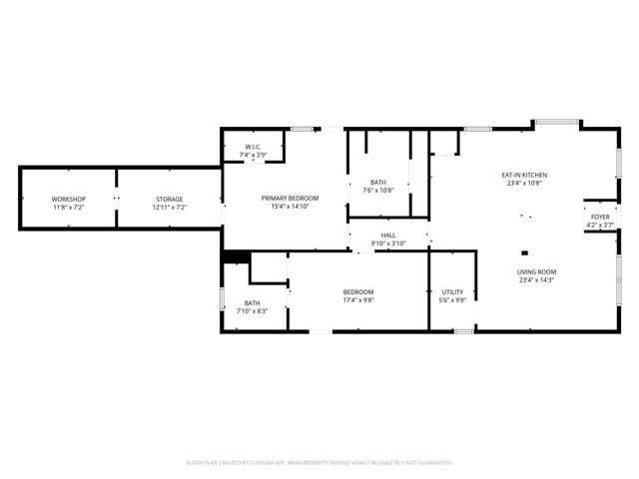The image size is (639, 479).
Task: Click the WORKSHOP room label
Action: coord(69,200)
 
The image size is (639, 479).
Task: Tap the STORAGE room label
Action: coord(169,200)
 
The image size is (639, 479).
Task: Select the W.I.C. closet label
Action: coord(253,148)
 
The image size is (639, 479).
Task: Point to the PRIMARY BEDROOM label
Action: coord(290,199)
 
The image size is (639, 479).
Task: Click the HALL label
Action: coord(389,237)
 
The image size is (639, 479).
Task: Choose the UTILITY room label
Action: coord(452,292)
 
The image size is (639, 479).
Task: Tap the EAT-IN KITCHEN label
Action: coord(524,176)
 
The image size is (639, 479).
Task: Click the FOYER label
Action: coord(600,217)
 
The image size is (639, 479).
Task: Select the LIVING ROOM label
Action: coord(536,272)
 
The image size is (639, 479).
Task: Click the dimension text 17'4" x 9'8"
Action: coord(357,300)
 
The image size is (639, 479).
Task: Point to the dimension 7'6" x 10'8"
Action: coord(379,191)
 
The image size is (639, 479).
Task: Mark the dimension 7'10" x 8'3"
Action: coord(252,312)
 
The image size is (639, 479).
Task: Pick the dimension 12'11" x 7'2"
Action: coord(169,209)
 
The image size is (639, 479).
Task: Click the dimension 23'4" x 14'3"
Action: coord(536,281)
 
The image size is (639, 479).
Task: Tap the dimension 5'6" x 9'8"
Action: coord(452,300)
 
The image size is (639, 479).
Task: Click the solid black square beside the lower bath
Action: coord(235,256)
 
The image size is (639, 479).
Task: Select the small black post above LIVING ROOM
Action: coord(524,252)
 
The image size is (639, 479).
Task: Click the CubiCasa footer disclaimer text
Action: coord(319,463)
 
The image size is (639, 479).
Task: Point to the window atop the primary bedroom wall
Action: coord(303,129)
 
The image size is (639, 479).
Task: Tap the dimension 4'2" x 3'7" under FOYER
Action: coord(600,226)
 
